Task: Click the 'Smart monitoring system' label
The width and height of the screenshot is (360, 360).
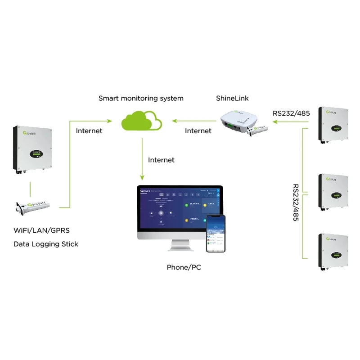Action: [x=141, y=98]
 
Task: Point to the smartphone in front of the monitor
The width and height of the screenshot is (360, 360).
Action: [x=215, y=234]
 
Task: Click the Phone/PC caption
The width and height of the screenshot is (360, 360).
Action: [x=184, y=267]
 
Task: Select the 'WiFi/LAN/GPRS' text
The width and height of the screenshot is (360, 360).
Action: [x=41, y=231]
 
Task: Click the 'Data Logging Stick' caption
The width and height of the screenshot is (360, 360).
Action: [x=46, y=244]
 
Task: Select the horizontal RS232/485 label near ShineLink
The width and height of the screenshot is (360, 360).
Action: [x=291, y=113]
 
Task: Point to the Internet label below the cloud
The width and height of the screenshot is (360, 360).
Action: [x=161, y=160]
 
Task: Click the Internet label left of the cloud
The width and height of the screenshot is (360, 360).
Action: [x=89, y=131]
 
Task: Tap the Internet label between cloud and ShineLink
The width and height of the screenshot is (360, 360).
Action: [x=198, y=131]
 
